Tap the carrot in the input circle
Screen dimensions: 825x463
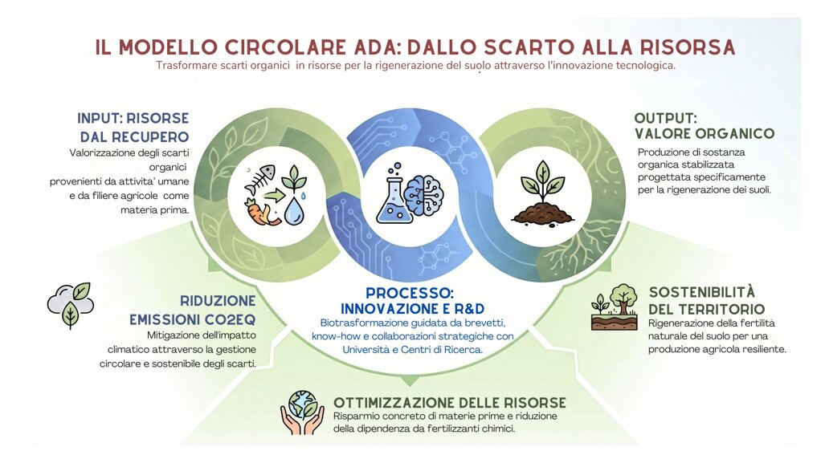(x=255, y=211)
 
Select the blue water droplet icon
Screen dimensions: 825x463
(x=293, y=211)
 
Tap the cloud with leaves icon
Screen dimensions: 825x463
(x=71, y=305)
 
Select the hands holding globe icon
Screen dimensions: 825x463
(x=302, y=412)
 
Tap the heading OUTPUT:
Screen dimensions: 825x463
(x=665, y=118)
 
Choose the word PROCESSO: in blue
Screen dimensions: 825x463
(x=410, y=293)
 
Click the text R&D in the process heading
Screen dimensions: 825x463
(x=467, y=308)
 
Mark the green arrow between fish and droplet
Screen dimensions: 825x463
(x=275, y=196)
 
